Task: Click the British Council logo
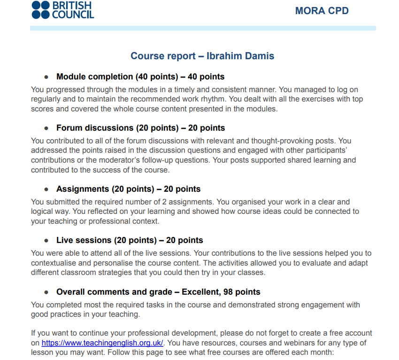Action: tap(63, 10)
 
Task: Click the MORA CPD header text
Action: tap(322, 11)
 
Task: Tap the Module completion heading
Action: tap(140, 77)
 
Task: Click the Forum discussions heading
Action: tap(140, 128)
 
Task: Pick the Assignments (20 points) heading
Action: tap(128, 189)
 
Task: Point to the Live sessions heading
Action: tap(130, 240)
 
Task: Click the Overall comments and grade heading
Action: tap(158, 292)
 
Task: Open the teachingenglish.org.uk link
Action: tap(102, 343)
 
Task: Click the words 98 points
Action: tap(241, 292)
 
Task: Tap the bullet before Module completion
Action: tap(46, 77)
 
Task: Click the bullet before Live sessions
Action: tap(46, 240)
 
